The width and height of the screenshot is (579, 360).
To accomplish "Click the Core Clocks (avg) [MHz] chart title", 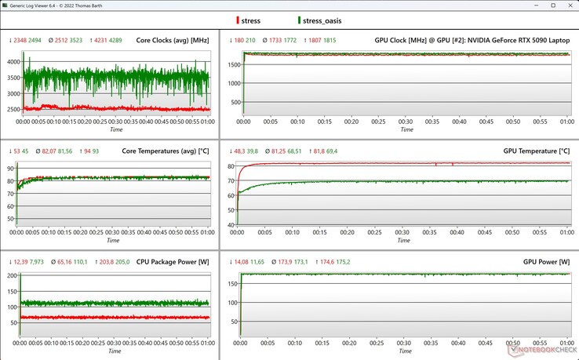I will tap(172, 40).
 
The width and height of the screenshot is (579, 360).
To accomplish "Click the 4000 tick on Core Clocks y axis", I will tap(11, 61).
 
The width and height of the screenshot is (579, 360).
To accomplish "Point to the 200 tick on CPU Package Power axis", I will tap(11, 276).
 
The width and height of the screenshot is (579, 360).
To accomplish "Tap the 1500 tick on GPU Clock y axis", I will tap(231, 63).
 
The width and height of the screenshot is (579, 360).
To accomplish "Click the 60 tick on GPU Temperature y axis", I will tap(231, 195).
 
